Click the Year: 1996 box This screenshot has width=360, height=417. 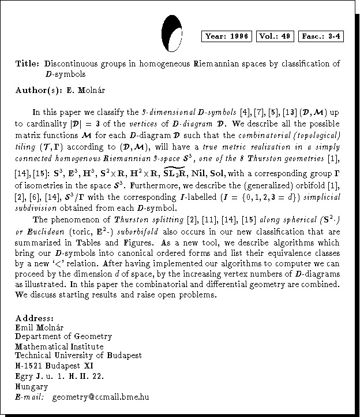point(227,36)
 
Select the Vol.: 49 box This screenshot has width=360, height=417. point(275,36)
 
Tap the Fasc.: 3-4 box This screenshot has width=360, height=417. point(321,36)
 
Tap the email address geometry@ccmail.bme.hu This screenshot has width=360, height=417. point(100,397)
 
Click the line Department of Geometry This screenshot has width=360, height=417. point(63,336)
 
